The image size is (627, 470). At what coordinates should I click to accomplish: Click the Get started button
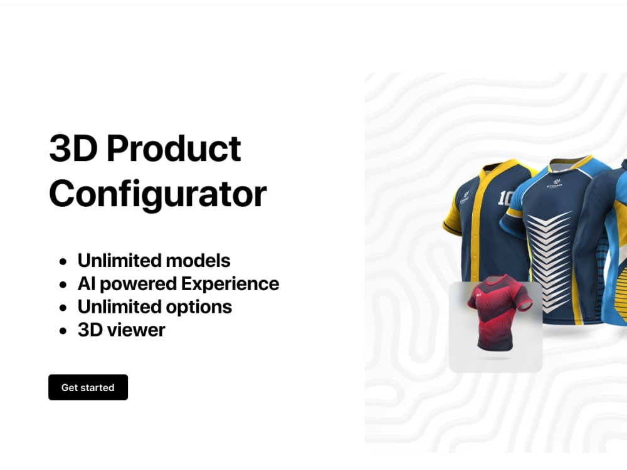pos(88,387)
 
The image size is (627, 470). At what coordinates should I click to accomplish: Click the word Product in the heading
pos(174,149)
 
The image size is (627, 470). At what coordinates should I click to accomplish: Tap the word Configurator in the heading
pos(157,194)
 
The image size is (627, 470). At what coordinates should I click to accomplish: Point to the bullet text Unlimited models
pos(154,260)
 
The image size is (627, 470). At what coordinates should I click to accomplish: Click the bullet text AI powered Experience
pos(178,283)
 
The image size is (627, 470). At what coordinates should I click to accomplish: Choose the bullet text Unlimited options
pos(154,306)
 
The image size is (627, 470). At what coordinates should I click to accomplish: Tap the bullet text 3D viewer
pos(121,330)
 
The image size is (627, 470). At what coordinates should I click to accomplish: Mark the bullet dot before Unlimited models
pos(63,261)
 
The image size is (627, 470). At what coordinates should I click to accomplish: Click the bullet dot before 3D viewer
pos(63,331)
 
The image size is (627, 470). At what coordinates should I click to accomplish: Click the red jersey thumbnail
pos(495,326)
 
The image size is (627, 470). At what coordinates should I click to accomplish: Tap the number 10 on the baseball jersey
pos(505,198)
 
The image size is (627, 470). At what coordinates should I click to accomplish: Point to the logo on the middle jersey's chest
pos(554,186)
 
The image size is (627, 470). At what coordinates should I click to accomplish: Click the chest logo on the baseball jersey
pos(465,197)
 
